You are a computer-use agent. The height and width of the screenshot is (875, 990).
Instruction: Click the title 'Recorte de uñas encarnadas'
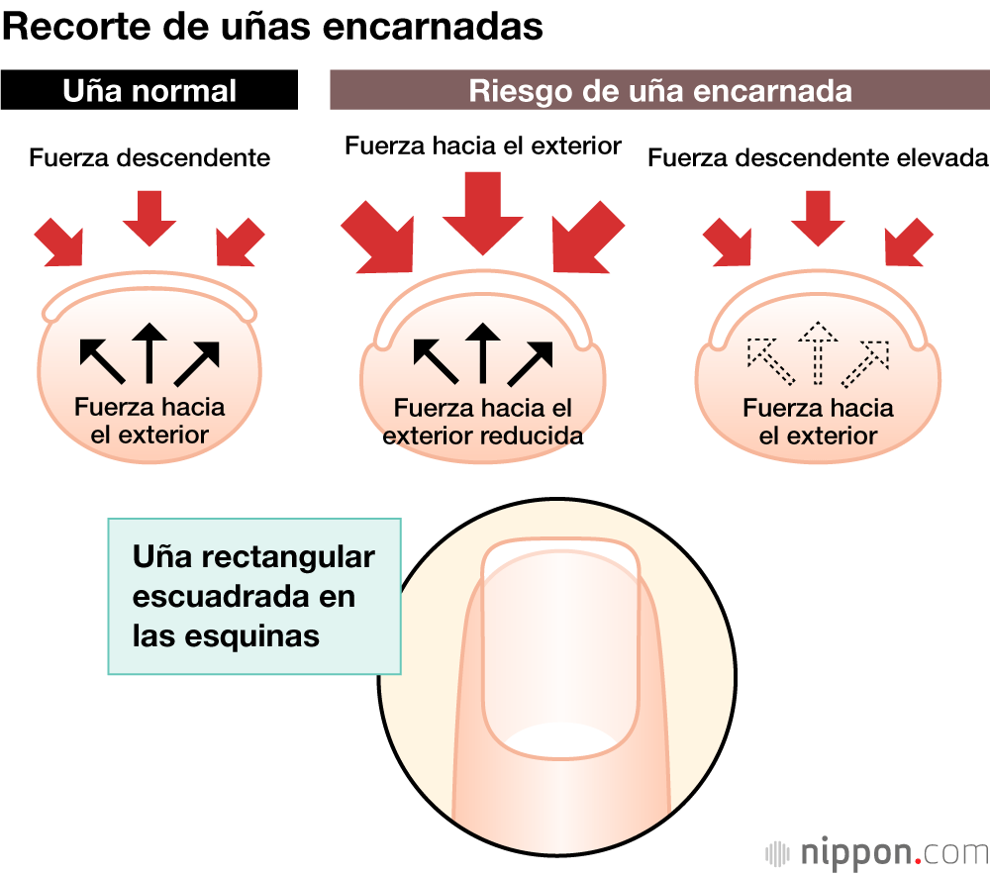272,26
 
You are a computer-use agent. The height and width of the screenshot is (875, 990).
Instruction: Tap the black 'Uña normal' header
149,91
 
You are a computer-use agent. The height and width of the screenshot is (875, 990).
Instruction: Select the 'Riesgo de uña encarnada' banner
659,91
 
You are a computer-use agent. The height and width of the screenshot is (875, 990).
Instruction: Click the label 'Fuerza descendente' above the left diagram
149,157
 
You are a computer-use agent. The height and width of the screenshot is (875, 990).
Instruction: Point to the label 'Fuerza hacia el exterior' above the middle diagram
482,146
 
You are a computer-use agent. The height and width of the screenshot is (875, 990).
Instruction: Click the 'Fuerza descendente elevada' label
818,157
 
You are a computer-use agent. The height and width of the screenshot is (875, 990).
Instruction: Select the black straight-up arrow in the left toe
148,352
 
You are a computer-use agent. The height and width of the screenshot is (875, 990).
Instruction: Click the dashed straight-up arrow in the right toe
818,352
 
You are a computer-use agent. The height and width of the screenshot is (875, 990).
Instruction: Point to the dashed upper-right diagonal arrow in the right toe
864,362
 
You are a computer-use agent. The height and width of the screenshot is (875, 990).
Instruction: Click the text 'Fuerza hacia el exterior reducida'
482,422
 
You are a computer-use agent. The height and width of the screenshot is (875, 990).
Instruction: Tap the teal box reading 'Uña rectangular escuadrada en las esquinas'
253,596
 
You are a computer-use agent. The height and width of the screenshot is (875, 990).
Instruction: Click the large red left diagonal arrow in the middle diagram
377,236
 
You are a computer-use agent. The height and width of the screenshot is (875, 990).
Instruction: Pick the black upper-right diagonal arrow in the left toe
195,362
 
